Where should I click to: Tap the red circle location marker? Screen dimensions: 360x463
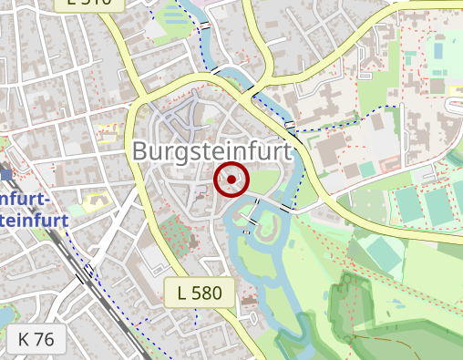231,180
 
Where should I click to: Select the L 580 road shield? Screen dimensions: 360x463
200,293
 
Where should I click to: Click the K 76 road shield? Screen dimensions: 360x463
36,339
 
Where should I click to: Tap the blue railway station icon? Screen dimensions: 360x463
6,173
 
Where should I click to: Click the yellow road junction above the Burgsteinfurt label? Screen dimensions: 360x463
139,95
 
